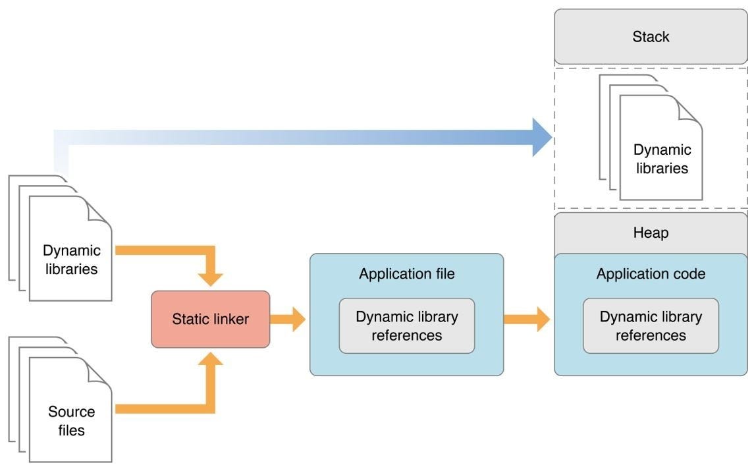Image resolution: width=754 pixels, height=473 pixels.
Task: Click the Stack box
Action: pos(651,37)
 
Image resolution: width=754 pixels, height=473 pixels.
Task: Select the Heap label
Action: pos(651,233)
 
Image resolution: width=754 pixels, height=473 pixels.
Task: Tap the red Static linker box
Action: pos(210,319)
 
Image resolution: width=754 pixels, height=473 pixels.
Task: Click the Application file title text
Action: pos(406,274)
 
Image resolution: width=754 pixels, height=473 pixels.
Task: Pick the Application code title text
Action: pos(651,274)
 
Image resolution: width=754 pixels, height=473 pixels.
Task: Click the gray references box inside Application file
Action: pos(406,325)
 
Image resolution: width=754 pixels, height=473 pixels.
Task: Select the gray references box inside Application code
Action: pos(651,325)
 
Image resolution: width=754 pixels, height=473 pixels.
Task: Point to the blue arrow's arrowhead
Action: pos(542,138)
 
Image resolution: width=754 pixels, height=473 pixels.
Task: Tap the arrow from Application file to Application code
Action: pos(527,320)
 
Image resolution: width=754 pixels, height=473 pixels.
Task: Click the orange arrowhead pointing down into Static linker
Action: pos(211,277)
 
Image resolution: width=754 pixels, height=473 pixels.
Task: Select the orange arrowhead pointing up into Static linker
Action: pos(211,361)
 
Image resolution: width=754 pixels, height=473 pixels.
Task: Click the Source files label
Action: pos(71,421)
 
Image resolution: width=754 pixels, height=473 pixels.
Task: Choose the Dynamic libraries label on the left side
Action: pos(71,260)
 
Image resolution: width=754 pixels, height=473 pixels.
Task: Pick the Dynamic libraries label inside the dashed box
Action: pos(661,159)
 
